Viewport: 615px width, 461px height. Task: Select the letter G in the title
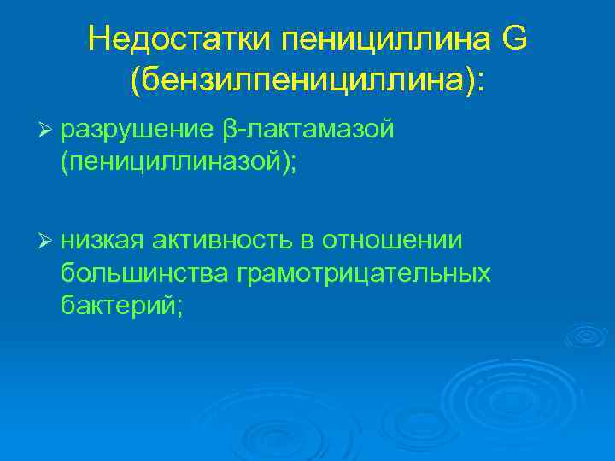pos(514,38)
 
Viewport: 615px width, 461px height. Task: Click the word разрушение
pos(137,129)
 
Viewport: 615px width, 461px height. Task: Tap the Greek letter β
pos(230,130)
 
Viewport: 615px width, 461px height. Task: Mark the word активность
pos(222,242)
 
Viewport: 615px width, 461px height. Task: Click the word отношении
pos(392,242)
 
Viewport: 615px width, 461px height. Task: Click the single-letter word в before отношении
pos(307,242)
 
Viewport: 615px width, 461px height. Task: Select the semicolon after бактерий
pos(179,307)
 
